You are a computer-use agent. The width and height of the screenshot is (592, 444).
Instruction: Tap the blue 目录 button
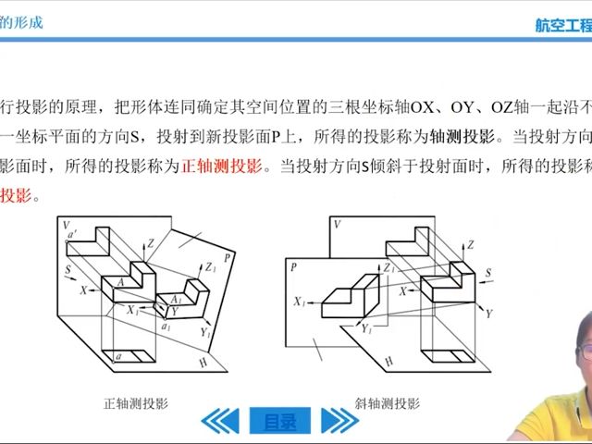pyautogui.click(x=280, y=422)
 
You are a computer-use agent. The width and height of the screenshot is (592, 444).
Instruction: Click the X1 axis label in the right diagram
pyautogui.click(x=299, y=302)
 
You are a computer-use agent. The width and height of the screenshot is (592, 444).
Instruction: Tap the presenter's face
pyautogui.click(x=570, y=347)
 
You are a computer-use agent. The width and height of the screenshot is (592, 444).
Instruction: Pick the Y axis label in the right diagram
pyautogui.click(x=488, y=314)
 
